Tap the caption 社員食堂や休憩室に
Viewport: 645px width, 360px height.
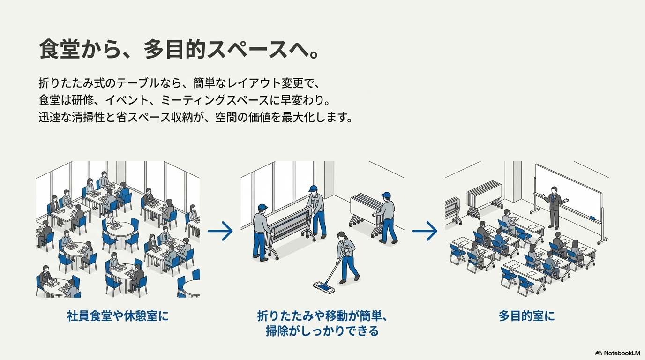tap(118, 316)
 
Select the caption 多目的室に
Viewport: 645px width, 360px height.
tap(526, 316)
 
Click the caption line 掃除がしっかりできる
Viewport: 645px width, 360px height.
tap(322, 331)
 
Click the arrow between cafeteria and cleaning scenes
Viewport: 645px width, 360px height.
tap(220, 231)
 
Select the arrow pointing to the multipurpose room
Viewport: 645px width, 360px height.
tap(425, 231)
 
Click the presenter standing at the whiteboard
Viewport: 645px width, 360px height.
tap(554, 206)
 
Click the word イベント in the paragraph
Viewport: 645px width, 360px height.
tap(131, 100)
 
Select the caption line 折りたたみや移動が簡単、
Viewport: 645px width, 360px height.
tap(322, 316)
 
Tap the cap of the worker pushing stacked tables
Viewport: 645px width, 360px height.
tap(386, 195)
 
